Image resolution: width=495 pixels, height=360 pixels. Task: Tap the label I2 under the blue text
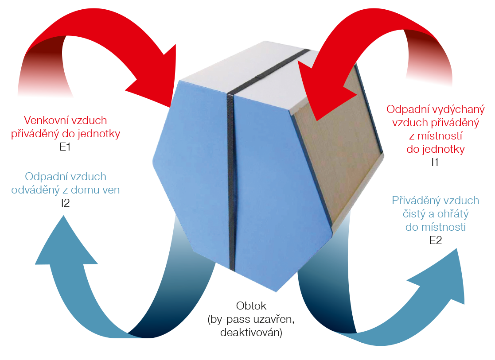click(65, 203)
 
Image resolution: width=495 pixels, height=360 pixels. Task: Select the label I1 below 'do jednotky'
click(435, 162)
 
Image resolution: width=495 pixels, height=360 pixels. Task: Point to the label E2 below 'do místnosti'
click(435, 240)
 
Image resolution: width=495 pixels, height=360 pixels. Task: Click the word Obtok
click(251, 306)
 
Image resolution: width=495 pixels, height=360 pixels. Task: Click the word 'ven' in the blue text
click(111, 190)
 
